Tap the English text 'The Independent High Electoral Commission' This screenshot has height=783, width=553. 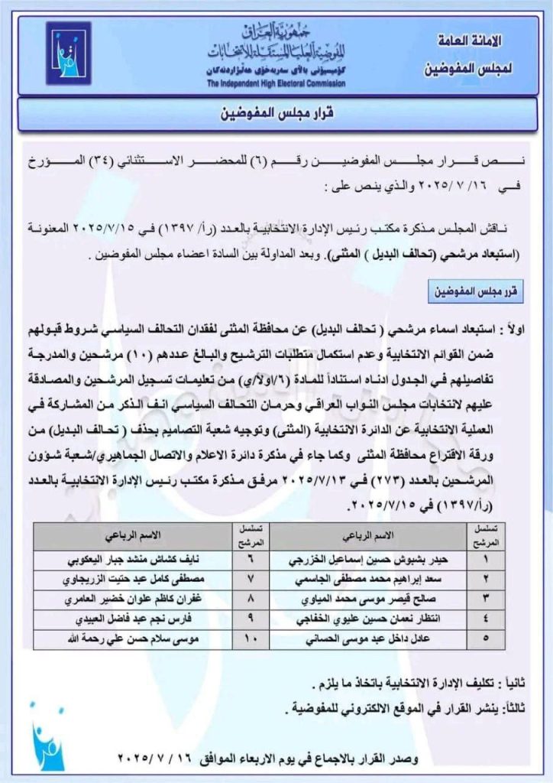pos(276,83)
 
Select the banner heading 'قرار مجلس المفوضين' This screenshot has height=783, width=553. pos(276,117)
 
